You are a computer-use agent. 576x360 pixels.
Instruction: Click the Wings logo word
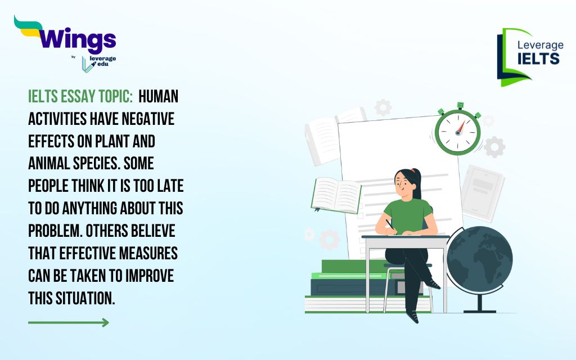coord(78,39)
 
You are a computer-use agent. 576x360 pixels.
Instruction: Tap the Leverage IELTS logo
coord(530,57)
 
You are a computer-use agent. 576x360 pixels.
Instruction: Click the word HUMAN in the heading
coord(158,97)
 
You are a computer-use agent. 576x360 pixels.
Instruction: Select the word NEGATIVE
coord(148,119)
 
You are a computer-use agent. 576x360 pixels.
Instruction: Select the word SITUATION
coord(85,298)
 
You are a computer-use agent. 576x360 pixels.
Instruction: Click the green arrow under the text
coord(69,322)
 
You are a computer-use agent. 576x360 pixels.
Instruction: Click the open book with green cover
coord(336,195)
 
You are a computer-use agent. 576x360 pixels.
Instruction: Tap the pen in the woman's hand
coord(390,225)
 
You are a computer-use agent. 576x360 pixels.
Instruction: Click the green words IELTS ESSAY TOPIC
coord(80,97)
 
